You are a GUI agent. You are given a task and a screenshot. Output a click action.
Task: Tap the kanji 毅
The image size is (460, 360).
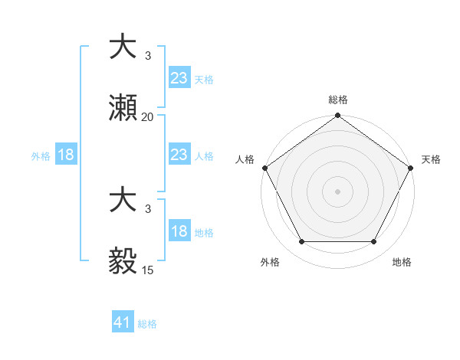(x=123, y=260)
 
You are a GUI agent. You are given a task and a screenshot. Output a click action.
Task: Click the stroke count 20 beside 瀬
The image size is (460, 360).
(x=148, y=117)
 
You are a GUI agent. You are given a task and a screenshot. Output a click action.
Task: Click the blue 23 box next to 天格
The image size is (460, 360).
(x=179, y=78)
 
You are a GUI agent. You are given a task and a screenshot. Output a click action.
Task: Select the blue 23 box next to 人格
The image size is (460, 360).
(x=179, y=155)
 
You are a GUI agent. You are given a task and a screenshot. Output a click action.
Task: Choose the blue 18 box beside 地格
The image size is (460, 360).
(x=179, y=232)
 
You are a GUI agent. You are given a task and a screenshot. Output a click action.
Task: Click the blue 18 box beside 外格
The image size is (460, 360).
(x=66, y=155)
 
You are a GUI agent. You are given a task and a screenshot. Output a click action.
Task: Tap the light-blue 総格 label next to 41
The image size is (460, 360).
(x=147, y=324)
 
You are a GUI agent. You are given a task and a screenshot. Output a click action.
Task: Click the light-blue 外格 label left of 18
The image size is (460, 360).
(x=41, y=156)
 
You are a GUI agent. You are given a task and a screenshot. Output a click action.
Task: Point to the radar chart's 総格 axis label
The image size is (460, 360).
(x=337, y=100)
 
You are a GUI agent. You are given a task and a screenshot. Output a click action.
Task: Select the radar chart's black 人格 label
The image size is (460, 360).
(x=245, y=159)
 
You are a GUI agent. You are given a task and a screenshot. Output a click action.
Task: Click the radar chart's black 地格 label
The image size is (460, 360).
(x=402, y=263)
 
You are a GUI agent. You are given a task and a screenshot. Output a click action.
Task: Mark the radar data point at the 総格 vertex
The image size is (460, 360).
(x=337, y=116)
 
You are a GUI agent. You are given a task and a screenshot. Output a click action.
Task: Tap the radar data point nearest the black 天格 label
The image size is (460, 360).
(x=411, y=168)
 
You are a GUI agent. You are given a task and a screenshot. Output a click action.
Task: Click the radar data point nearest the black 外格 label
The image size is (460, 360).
(x=301, y=242)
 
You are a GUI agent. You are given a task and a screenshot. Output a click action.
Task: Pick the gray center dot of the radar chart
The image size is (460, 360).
(x=337, y=191)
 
